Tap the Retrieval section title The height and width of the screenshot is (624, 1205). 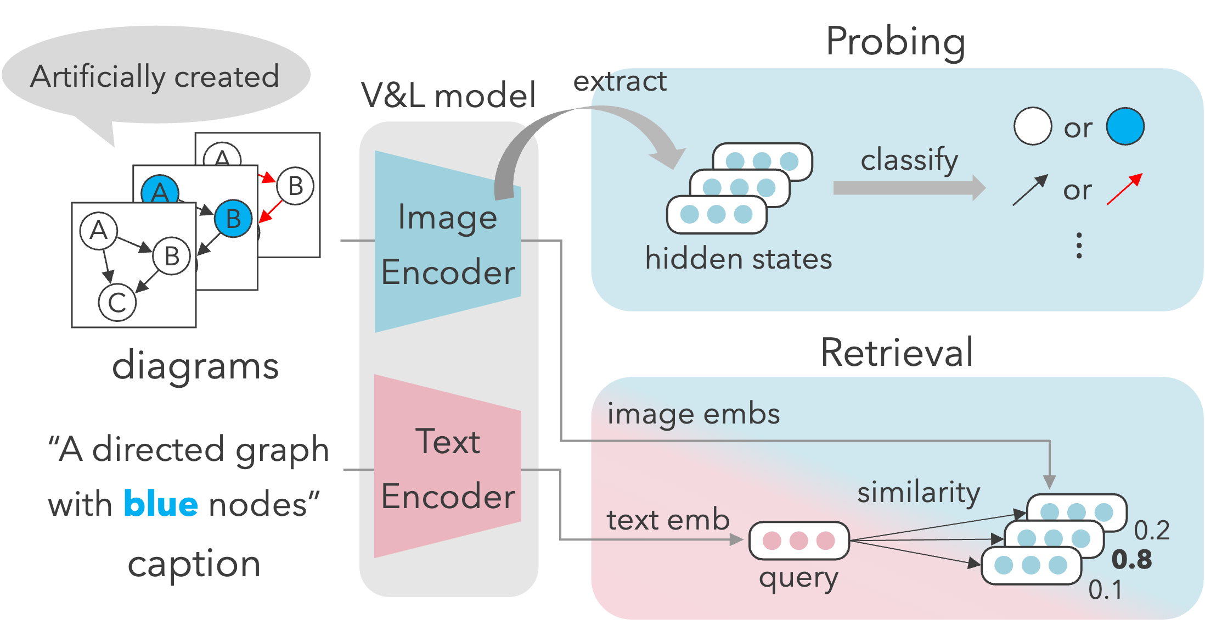(897, 353)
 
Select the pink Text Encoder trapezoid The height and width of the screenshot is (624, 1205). (447, 467)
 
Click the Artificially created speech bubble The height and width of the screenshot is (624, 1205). (156, 75)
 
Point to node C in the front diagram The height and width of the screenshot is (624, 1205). (117, 302)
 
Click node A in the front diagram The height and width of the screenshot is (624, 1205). (99, 230)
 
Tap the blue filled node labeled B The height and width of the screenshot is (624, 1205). (233, 219)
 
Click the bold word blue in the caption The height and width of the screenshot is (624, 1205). (161, 504)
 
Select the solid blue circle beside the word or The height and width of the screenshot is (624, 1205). (1125, 126)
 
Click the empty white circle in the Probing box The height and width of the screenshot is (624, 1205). (1032, 126)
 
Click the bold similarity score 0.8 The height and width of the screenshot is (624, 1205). (1131, 560)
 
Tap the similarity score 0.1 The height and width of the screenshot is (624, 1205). (1105, 590)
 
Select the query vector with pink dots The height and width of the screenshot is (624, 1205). (798, 541)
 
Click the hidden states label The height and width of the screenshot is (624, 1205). (738, 259)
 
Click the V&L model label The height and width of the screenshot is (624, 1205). (448, 96)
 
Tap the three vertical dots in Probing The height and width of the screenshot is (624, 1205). (1079, 246)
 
